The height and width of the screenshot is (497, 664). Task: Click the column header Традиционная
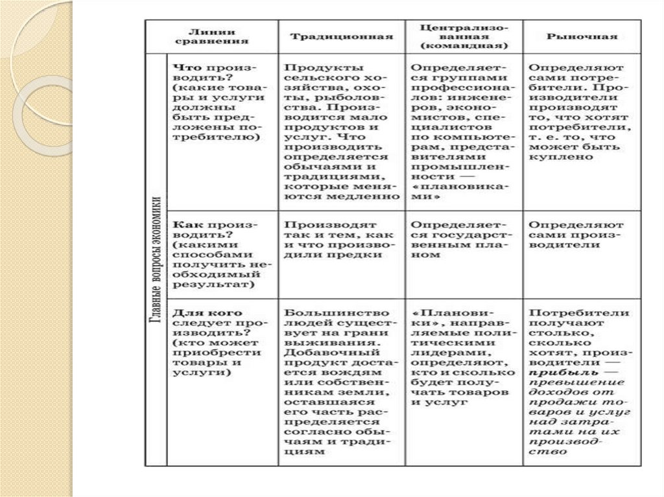[341, 36]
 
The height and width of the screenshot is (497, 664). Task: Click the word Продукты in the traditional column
[313, 67]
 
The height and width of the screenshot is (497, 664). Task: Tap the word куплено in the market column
[552, 157]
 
